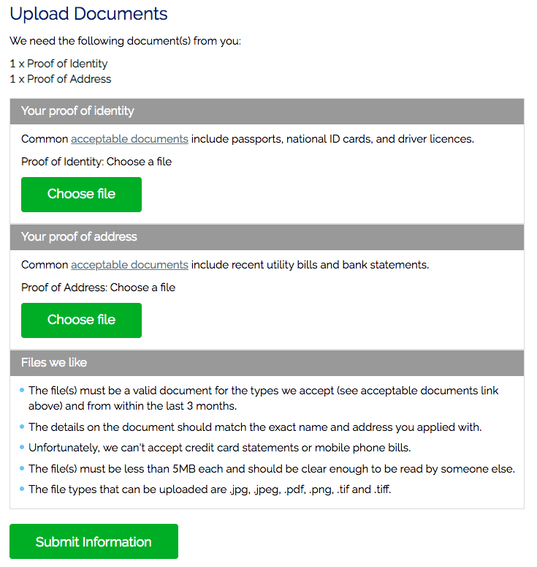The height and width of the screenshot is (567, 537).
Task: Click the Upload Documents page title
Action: (88, 14)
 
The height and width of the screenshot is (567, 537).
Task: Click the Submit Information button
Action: (94, 542)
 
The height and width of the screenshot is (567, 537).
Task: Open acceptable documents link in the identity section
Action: (129, 139)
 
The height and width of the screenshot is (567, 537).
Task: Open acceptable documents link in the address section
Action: (129, 265)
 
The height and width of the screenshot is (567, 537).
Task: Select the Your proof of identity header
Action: (77, 111)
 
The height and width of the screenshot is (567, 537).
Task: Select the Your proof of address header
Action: (79, 237)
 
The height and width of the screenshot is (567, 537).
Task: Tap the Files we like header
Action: (54, 363)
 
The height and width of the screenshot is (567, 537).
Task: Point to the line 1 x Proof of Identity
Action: (58, 64)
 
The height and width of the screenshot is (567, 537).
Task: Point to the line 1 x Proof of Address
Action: (61, 79)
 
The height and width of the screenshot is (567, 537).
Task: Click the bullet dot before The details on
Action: (22, 426)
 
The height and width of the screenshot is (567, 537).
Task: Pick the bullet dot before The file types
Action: (22, 489)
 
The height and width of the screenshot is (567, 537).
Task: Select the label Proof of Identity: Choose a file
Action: (96, 162)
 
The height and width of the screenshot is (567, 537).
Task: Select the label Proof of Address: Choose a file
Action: (98, 288)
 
